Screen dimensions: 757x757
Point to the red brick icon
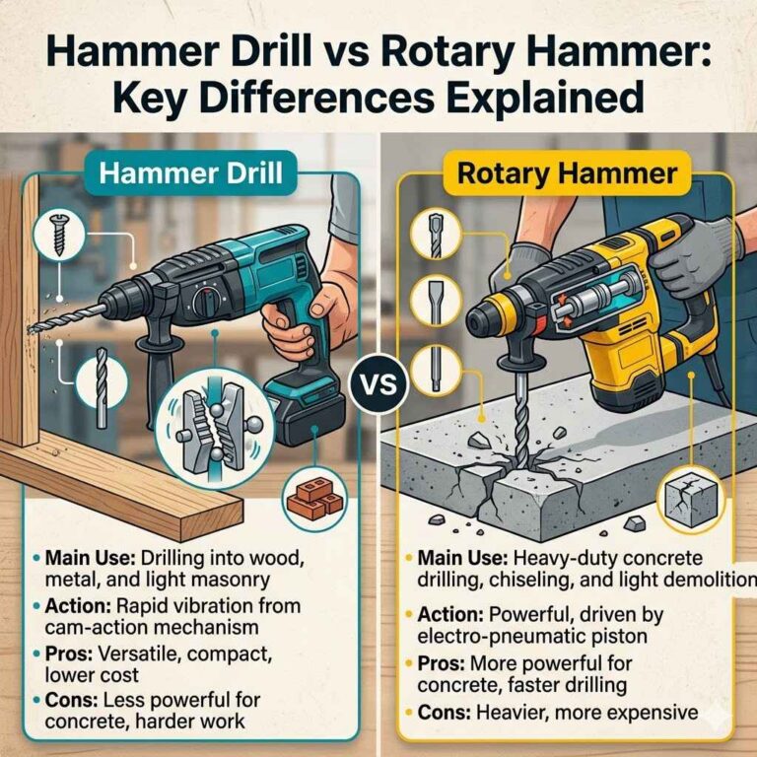(309, 496)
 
